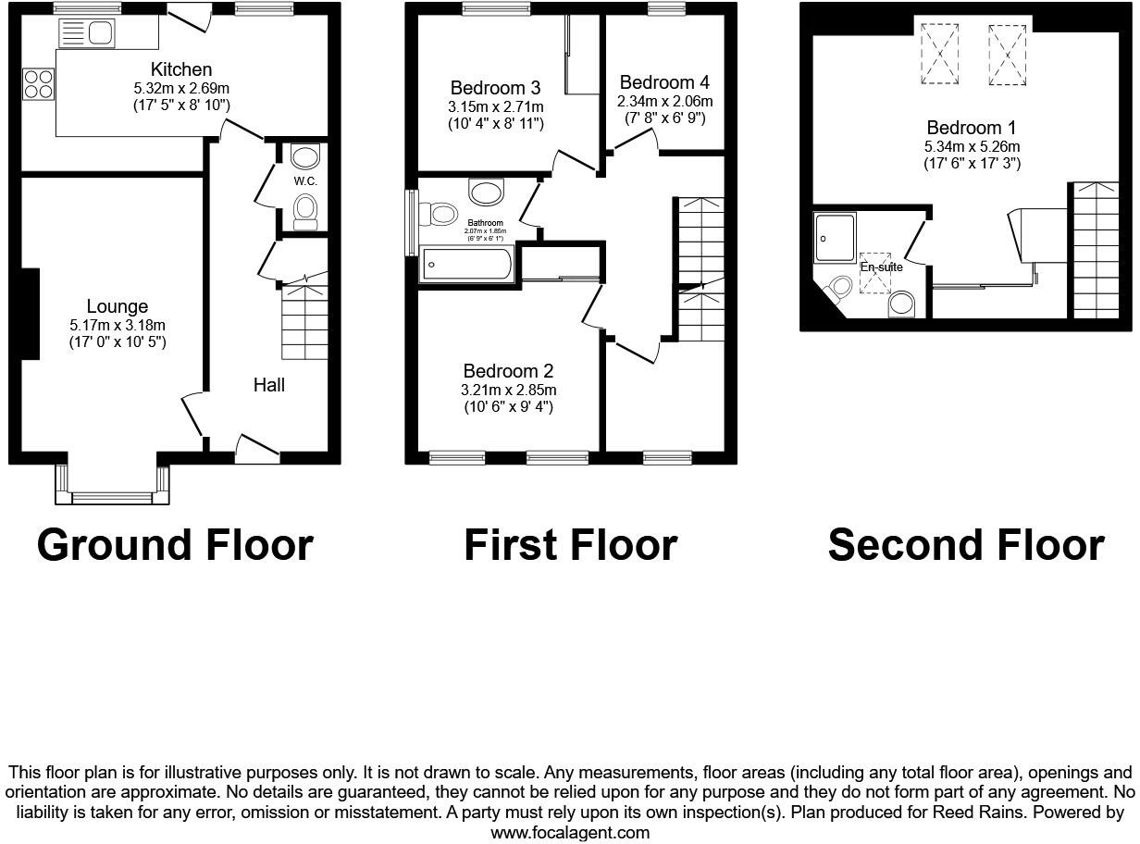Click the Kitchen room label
181,69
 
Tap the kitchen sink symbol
86,34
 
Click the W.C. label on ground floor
305,181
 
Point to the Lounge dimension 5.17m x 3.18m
118,325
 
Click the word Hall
269,385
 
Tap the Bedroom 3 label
495,88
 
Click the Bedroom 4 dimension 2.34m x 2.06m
665,101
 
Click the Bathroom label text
485,223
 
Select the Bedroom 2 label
508,371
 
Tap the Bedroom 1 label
964,128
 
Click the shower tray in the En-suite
834,237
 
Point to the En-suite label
881,267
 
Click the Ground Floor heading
175,545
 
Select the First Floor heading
570,545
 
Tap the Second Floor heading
966,545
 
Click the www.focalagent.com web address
569,832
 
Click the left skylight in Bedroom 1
940,55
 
